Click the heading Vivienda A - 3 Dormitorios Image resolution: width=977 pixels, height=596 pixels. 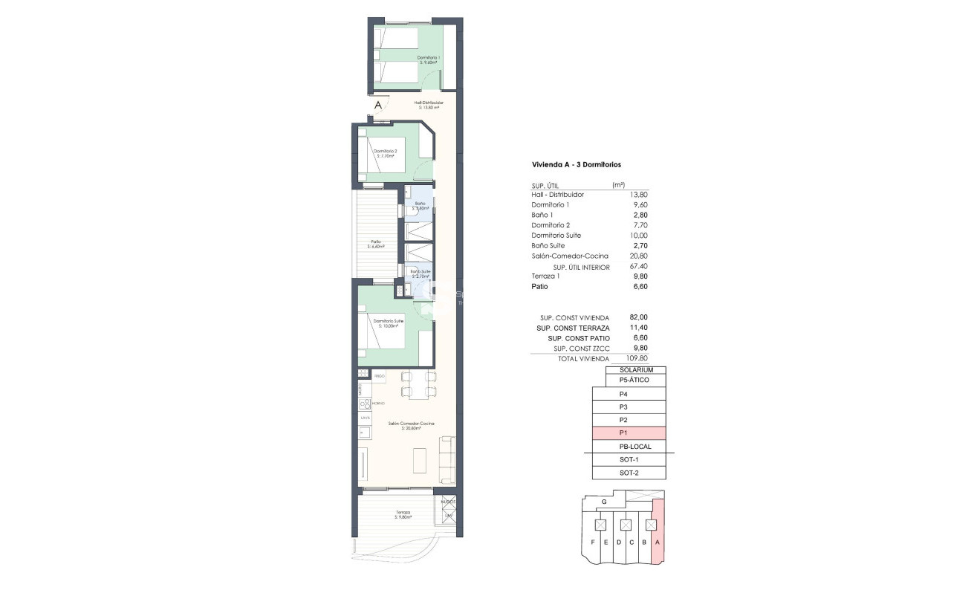tap(577, 164)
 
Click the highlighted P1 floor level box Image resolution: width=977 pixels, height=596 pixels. tap(629, 433)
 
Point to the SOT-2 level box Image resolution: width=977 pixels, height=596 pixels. tap(629, 473)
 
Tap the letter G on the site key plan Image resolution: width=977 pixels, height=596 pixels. tap(604, 503)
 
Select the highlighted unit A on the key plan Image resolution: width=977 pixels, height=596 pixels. tap(658, 542)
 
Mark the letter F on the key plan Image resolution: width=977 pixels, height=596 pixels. tap(593, 542)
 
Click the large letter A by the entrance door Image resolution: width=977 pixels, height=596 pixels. tap(377, 106)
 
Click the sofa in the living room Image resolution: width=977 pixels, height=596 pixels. tap(448, 459)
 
